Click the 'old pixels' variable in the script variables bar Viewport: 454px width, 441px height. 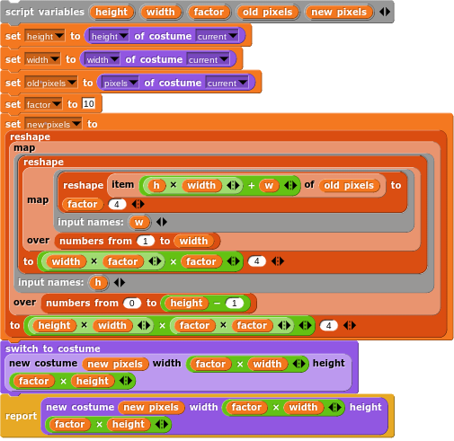point(268,12)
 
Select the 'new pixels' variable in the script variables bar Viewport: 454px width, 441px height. point(339,12)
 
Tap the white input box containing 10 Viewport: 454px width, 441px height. point(89,104)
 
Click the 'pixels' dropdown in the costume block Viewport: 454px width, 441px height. point(120,83)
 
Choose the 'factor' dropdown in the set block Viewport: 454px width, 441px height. point(43,104)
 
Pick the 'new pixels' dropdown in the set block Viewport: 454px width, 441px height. point(53,124)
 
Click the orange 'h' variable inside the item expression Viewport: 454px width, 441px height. point(156,185)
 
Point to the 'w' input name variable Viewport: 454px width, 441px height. point(138,222)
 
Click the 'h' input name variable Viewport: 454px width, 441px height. point(98,282)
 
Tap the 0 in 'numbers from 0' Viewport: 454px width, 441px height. point(132,303)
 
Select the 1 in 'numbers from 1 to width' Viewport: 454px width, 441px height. point(146,241)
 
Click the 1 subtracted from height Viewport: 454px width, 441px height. point(235,303)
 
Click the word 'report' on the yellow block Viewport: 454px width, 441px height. point(21,416)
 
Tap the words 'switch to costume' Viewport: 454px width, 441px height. point(53,348)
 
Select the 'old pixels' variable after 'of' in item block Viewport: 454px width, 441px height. point(349,185)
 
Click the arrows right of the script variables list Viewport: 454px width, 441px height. point(385,12)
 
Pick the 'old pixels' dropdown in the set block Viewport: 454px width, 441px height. point(50,83)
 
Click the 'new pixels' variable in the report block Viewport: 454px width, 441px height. point(151,407)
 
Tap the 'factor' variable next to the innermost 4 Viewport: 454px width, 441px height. point(83,204)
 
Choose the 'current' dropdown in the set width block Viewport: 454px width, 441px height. point(209,59)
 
